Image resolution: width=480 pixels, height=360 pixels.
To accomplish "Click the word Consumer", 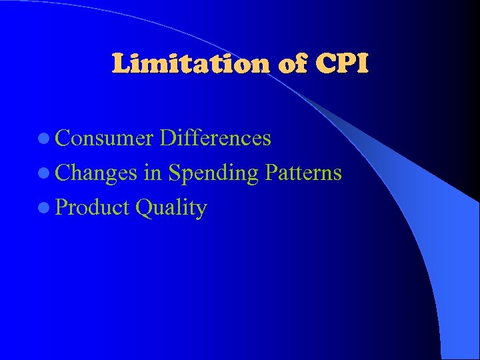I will click(x=105, y=138).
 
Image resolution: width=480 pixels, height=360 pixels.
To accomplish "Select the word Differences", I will click(x=216, y=138).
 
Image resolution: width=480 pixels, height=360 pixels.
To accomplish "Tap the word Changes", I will click(x=97, y=173).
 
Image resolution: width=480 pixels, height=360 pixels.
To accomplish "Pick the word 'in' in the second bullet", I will click(x=152, y=173).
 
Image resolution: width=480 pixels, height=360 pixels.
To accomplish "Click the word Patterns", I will click(x=303, y=173).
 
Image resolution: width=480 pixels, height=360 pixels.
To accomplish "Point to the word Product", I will click(x=93, y=207).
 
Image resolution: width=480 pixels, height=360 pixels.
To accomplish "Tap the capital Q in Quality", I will click(x=142, y=208).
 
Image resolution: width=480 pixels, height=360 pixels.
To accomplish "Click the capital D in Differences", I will click(x=168, y=138).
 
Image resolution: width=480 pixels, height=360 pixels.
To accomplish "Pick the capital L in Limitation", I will click(x=121, y=64).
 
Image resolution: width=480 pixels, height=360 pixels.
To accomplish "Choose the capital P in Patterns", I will click(x=270, y=173).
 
